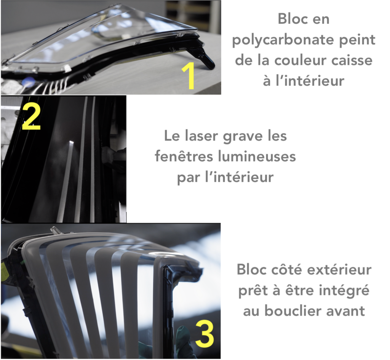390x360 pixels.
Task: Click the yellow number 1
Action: coord(189,76)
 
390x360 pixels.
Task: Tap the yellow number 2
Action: coord(31,117)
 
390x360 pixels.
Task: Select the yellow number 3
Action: coord(205,333)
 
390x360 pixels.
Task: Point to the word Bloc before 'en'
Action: coord(291,19)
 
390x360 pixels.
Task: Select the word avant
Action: coord(345,311)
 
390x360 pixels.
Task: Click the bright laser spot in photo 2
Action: coord(71,142)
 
